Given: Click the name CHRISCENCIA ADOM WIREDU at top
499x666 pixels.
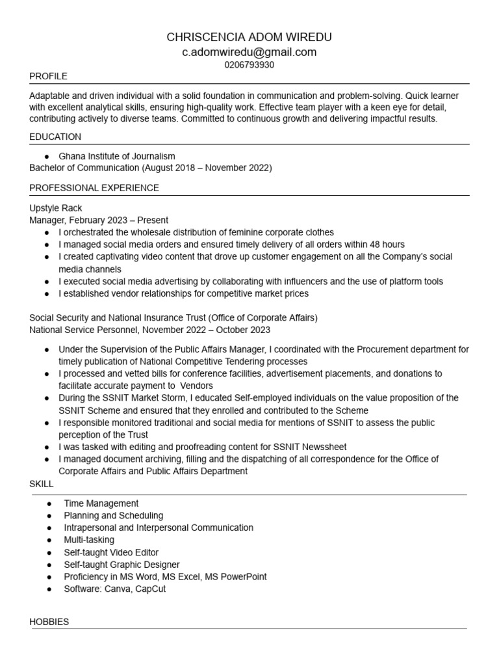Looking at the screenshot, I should [x=249, y=37].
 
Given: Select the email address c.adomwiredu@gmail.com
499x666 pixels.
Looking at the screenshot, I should [x=249, y=52].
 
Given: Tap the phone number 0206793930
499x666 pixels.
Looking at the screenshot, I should [x=249, y=65].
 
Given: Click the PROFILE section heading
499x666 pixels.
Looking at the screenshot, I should [x=48, y=76].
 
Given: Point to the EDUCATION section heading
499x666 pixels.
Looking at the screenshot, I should [x=55, y=137].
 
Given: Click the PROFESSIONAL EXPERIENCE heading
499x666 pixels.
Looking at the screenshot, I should [x=94, y=188].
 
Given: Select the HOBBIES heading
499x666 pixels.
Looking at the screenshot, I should [x=49, y=622].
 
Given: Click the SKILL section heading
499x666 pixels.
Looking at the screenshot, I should [x=42, y=485].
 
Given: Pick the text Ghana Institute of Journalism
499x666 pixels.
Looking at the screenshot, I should [x=117, y=156].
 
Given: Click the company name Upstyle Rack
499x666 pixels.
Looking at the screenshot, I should [x=56, y=208].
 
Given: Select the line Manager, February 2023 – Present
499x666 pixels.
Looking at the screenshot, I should [x=99, y=220].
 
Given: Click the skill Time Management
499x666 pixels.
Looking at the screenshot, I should [x=101, y=503].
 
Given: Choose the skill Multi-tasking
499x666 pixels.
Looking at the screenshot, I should [x=89, y=540].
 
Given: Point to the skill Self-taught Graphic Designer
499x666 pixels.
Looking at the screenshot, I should [x=122, y=565].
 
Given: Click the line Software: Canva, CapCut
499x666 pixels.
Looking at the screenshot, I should [x=115, y=589].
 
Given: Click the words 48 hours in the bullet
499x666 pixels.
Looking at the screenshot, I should [x=388, y=245].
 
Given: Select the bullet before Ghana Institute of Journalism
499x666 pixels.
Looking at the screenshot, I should [x=48, y=157].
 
